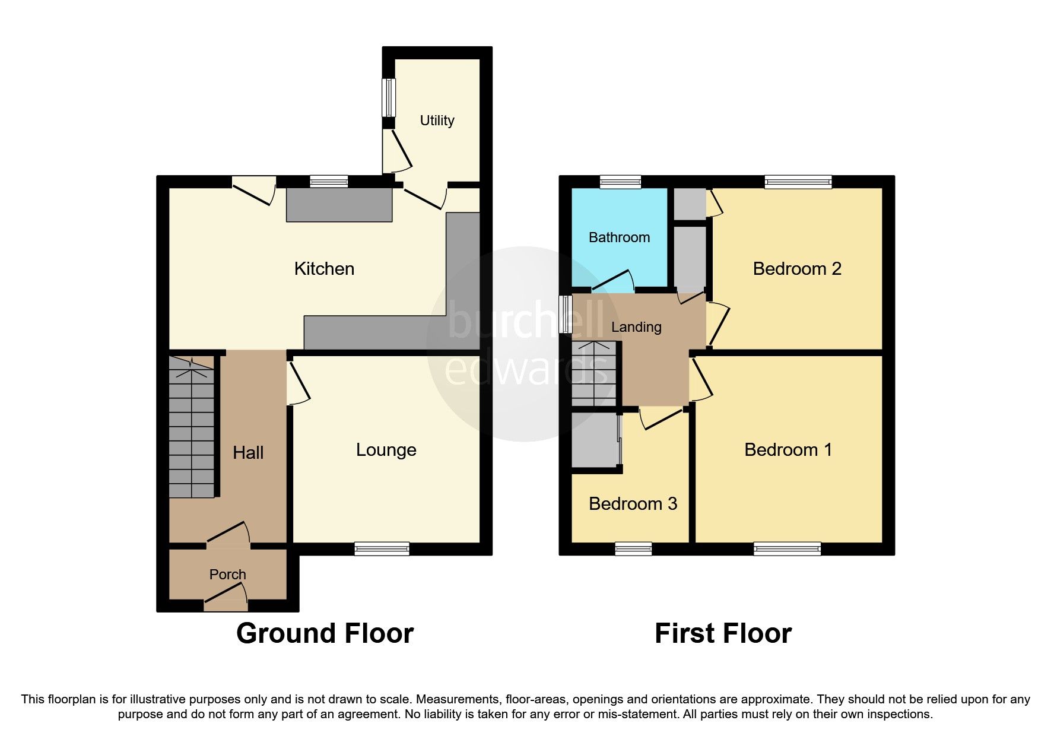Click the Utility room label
437,120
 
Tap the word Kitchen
324,269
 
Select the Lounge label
386,450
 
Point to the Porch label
227,575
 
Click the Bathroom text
619,237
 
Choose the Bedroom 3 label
633,504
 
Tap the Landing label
636,327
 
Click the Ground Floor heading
325,633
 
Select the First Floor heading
723,633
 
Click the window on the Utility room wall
388,97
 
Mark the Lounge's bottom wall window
382,548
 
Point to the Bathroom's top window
620,182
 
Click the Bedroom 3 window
633,548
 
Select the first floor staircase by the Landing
593,374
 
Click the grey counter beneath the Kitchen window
339,205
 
